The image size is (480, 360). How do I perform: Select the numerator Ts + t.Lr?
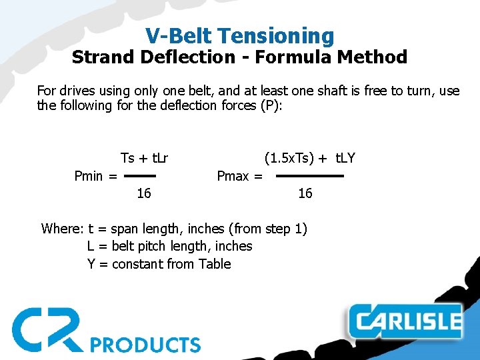[144, 158]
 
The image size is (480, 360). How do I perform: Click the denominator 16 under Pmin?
[143, 193]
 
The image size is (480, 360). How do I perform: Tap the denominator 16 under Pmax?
[305, 193]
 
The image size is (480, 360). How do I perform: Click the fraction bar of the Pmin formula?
[140, 176]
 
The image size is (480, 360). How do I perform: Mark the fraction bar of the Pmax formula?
[309, 176]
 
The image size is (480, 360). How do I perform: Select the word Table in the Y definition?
[215, 264]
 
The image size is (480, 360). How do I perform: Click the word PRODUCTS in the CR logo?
[145, 345]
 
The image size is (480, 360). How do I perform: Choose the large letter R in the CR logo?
[67, 328]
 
